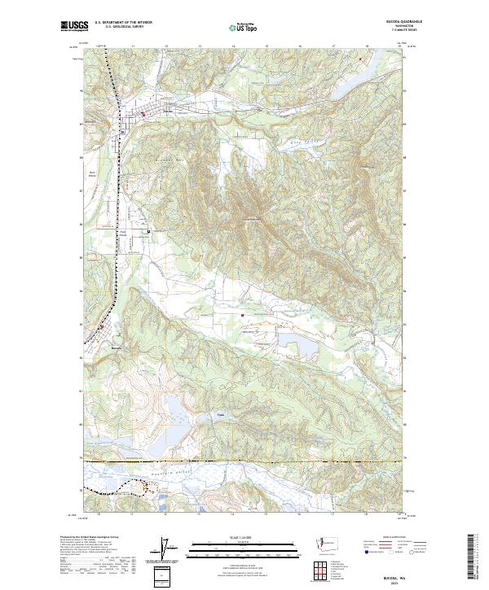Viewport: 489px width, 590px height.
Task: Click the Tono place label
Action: click(220, 413)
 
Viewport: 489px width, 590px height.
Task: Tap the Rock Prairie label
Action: click(92, 173)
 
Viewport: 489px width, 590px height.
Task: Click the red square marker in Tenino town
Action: click(144, 115)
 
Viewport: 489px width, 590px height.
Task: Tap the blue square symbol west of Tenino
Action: click(121, 132)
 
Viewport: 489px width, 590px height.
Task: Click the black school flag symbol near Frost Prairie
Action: click(148, 232)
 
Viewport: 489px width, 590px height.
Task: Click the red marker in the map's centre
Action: click(241, 316)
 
